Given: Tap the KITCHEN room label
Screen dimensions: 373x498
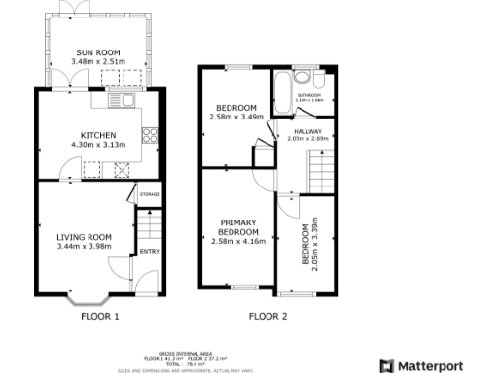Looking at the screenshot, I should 98,135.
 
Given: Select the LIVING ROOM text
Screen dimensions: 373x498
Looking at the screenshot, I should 86,236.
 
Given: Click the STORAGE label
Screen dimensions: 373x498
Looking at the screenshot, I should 149,195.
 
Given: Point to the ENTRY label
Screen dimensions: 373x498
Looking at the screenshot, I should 149,252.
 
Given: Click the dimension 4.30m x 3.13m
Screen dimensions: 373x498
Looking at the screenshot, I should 98,145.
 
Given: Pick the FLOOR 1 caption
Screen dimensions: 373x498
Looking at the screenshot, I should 100,317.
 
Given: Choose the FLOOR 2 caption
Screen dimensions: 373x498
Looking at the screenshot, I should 267,317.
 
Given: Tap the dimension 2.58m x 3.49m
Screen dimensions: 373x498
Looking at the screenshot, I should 236,117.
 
